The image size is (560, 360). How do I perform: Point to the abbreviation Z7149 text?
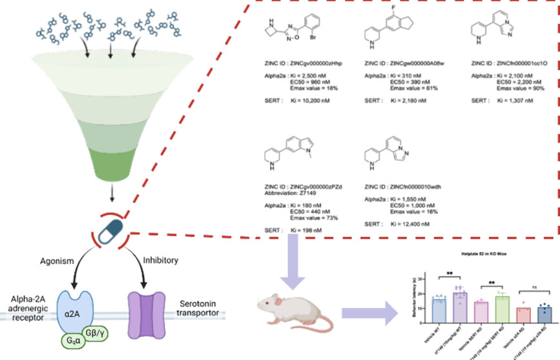[x=302, y=193]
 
